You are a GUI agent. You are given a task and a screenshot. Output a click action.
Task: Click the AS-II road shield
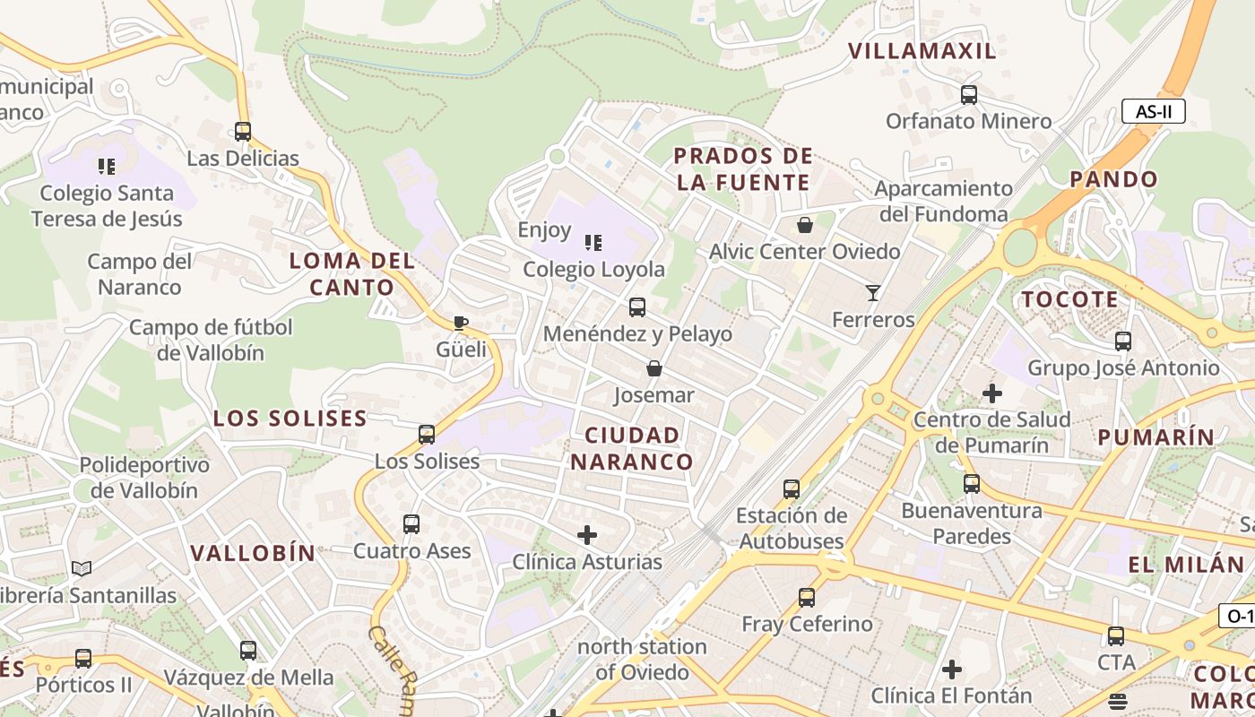[1153, 112]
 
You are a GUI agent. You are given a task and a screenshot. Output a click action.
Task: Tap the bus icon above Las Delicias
[243, 132]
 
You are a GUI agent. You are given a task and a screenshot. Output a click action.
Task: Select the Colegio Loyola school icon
[593, 242]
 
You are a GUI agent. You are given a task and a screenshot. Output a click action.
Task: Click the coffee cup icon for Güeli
[461, 323]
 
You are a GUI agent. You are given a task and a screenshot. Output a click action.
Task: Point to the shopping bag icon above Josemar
[654, 368]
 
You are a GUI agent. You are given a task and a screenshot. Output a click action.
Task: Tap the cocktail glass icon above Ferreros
[872, 292]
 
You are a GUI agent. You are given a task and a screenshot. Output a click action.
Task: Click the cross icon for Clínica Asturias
[587, 535]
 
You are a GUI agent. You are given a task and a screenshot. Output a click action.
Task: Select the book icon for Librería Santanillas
[82, 568]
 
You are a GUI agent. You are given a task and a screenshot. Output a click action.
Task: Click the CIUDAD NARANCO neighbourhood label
[632, 449]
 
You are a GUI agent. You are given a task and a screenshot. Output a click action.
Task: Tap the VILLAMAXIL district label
[922, 51]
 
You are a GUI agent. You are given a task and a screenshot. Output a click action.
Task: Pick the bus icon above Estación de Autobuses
[792, 488]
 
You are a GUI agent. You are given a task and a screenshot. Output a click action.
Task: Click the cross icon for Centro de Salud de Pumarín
[991, 393]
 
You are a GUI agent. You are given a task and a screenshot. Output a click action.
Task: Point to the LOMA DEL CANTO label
[352, 274]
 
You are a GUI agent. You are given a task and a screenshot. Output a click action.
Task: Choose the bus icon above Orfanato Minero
[969, 94]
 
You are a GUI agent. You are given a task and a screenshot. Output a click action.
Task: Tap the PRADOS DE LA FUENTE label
[743, 169]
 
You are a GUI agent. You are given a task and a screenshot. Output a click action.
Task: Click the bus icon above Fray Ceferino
[807, 597]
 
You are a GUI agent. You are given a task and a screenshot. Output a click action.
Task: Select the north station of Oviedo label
[642, 659]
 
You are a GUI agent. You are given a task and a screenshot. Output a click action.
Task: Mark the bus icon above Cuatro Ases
[411, 523]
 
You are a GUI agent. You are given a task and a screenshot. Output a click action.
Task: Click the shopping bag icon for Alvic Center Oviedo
[805, 225]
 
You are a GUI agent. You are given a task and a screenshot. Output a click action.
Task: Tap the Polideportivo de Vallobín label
[144, 478]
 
